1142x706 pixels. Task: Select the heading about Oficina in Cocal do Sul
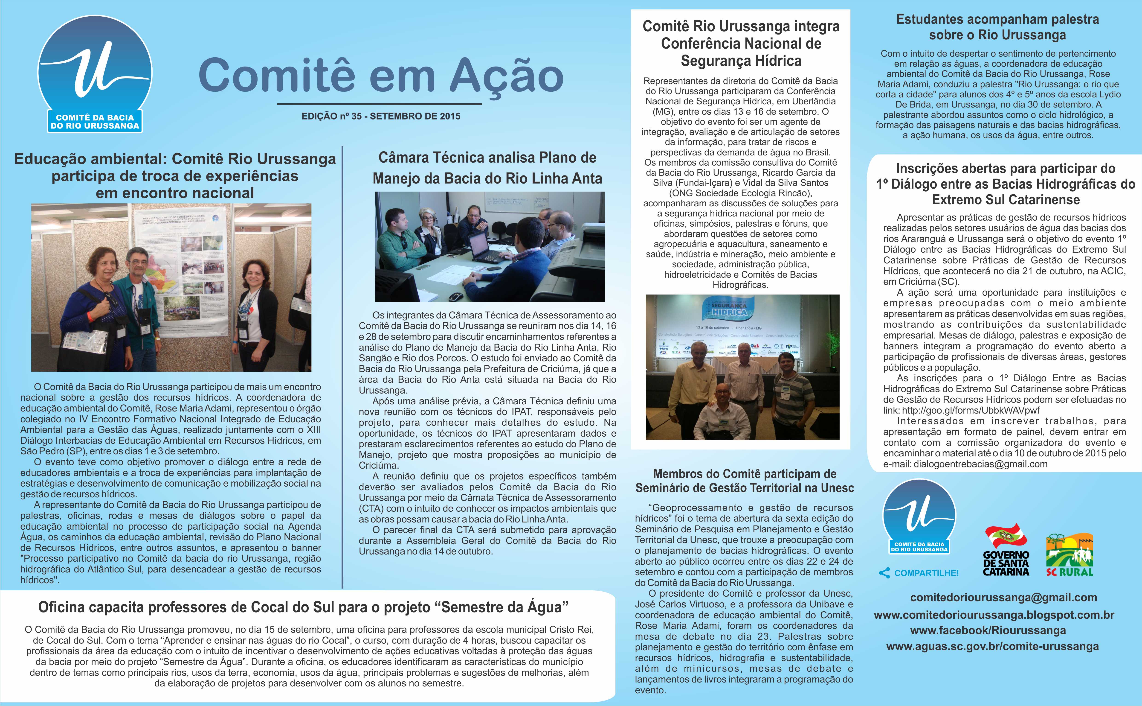(x=303, y=607)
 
